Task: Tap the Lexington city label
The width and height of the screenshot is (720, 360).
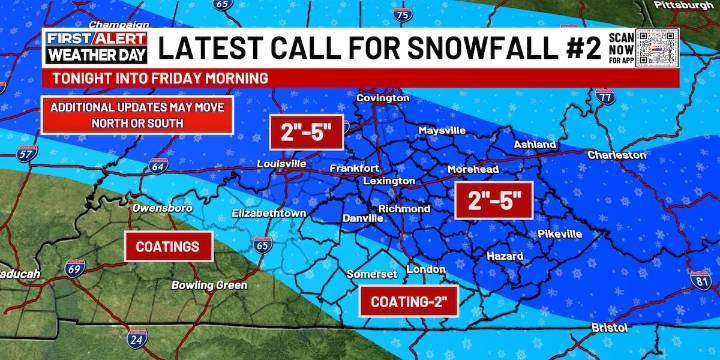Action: click(x=387, y=181)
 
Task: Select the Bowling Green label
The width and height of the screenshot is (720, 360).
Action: click(x=209, y=285)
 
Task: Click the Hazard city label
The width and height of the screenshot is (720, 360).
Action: click(x=504, y=257)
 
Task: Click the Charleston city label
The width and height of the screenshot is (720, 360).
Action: click(x=616, y=155)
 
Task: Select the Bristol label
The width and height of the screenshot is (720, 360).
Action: click(x=608, y=327)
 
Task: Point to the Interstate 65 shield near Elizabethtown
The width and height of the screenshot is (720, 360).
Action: click(x=262, y=244)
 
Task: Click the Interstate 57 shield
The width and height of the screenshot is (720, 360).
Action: click(x=27, y=154)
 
